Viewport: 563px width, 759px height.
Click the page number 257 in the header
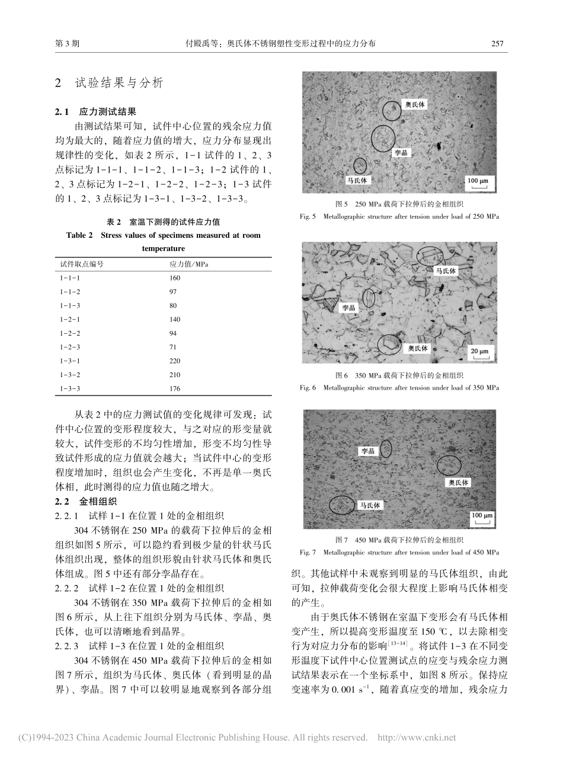click(x=497, y=44)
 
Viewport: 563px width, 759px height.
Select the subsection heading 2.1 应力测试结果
click(x=95, y=111)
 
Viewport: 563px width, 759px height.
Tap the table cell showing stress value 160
click(x=175, y=278)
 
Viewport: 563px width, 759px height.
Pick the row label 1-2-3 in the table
click(x=69, y=346)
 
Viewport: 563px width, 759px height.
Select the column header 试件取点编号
click(x=82, y=264)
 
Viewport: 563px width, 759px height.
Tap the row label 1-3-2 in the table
click(x=69, y=374)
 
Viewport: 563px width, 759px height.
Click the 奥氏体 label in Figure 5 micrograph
click(x=415, y=104)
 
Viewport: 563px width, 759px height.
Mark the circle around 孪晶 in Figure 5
click(x=383, y=138)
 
